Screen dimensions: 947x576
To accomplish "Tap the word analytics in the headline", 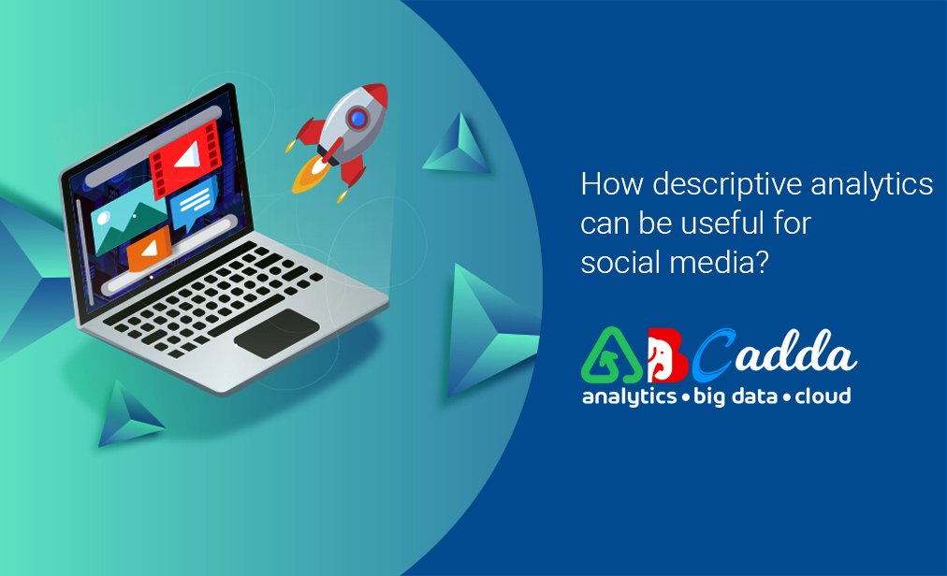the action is [x=871, y=185].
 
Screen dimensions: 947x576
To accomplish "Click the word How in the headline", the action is [x=612, y=183].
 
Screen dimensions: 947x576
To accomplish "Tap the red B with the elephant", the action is [x=667, y=356].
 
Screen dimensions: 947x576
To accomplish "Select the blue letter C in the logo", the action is [x=713, y=356].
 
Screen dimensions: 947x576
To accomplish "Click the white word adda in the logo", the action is [x=796, y=353].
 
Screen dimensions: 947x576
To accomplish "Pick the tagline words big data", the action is [x=735, y=396].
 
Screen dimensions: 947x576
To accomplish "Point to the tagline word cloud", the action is [x=823, y=396].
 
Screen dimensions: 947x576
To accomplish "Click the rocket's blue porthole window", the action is [x=358, y=119].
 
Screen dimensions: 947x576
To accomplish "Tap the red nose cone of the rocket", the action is [x=375, y=94].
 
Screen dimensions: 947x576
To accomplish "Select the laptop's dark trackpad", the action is [x=277, y=333].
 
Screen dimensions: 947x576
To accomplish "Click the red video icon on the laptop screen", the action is [x=186, y=158].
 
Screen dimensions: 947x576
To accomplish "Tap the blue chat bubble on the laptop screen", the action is [x=194, y=204].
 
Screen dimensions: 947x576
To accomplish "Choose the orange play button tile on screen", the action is [x=149, y=248].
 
